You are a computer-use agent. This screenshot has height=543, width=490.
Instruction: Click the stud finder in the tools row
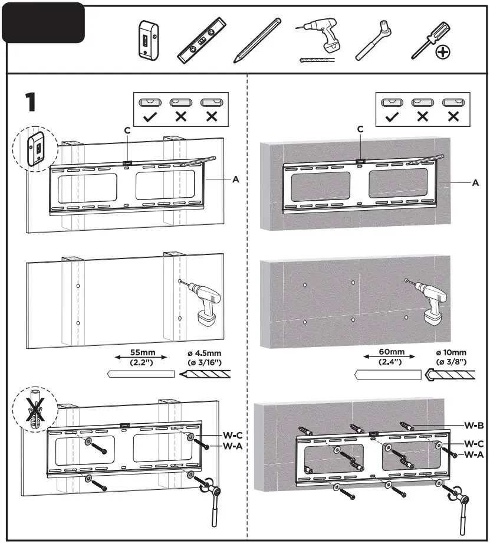(x=147, y=40)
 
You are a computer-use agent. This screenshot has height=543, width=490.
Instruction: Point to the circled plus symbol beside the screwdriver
(x=442, y=53)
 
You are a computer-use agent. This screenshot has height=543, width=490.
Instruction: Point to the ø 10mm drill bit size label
(x=450, y=356)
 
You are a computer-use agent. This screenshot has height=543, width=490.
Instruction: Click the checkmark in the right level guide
(x=390, y=116)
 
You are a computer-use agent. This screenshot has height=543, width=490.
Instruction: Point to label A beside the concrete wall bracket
(x=475, y=183)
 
